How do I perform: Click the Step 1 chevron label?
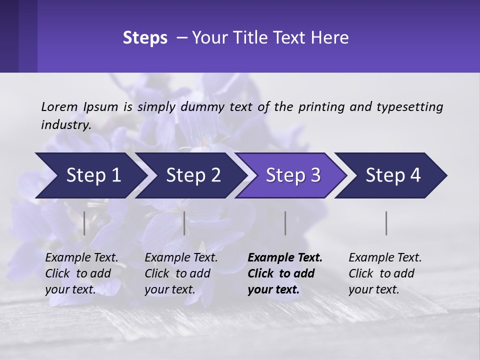click(x=93, y=175)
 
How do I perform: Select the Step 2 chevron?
click(x=193, y=175)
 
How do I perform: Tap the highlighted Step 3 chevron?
click(x=293, y=175)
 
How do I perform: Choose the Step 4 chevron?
click(x=393, y=175)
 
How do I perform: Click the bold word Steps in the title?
click(x=145, y=38)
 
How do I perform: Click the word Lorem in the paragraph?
click(x=59, y=106)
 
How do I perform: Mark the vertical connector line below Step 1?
click(x=84, y=223)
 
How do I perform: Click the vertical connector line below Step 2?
click(x=184, y=223)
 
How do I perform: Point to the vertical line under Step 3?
click(x=285, y=223)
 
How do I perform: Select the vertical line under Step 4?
click(x=386, y=223)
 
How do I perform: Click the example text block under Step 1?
click(x=81, y=273)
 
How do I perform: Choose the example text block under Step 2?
click(x=181, y=273)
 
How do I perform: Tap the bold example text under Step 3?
click(x=285, y=273)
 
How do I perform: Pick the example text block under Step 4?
click(x=385, y=273)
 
